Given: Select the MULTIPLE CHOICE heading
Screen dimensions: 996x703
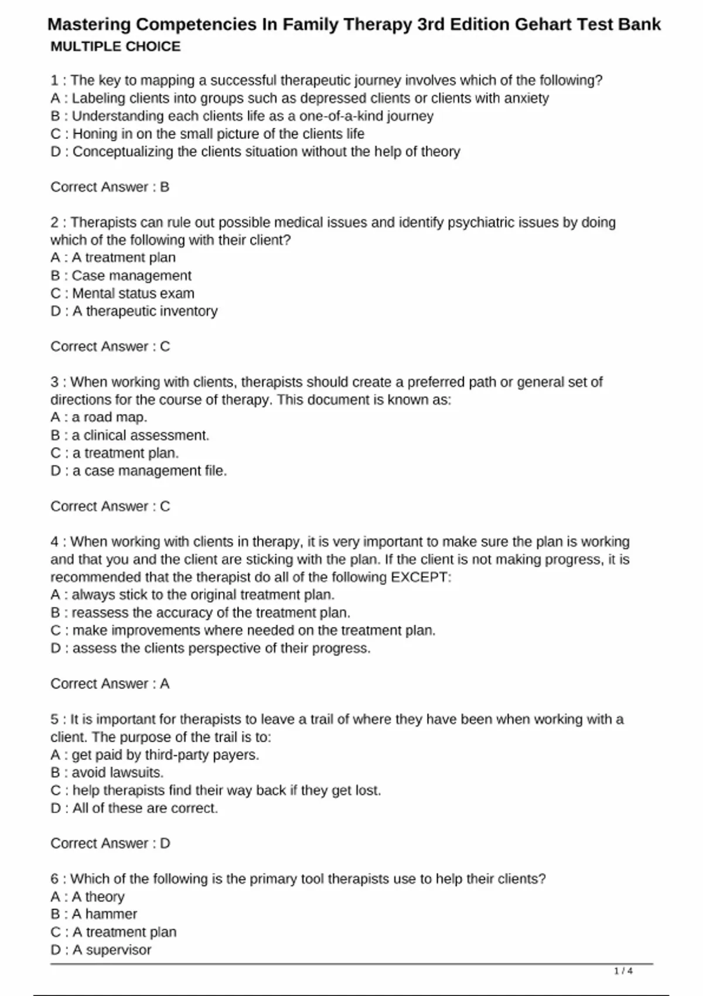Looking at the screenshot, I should pos(115,47).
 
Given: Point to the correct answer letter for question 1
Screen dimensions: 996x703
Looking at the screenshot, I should pos(165,187).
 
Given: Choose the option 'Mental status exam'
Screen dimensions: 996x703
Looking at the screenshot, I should pos(133,294).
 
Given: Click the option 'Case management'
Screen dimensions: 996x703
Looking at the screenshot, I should pos(131,276).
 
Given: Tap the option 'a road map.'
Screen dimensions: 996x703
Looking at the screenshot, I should pos(109,418).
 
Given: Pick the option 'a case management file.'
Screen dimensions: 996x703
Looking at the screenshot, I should pos(149,471).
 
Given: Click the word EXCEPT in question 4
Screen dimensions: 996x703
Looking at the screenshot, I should pos(421,577).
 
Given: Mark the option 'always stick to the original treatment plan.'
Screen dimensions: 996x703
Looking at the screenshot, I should pos(203,595).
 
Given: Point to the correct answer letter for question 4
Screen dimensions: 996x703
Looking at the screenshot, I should pos(165,684).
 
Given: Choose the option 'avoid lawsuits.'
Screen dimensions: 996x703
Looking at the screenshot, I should pos(117,773).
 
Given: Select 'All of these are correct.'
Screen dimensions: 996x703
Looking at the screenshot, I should pos(145,809).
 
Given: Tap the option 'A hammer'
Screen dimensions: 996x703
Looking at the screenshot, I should pos(104,915).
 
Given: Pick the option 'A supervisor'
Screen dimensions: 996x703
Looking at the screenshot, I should pos(111,950).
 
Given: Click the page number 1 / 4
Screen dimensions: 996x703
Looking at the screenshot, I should pos(623,971).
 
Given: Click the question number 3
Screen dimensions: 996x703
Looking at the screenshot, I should pos(54,383).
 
